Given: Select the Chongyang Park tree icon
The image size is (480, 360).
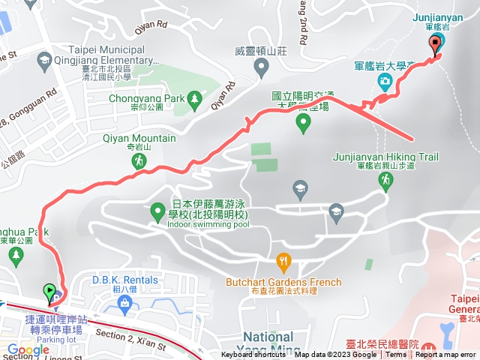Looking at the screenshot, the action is pyautogui.click(x=195, y=97).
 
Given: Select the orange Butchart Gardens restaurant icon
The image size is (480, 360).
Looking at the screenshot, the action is pyautogui.click(x=283, y=262).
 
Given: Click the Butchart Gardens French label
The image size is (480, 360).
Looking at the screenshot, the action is pyautogui.click(x=283, y=283).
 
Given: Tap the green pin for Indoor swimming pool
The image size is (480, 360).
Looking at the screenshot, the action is pyautogui.click(x=158, y=212).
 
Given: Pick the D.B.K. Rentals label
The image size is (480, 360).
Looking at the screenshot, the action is pyautogui.click(x=125, y=280).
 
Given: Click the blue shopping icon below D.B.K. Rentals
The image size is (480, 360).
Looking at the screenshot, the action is pyautogui.click(x=125, y=304).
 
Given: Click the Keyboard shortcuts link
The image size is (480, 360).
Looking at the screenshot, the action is pyautogui.click(x=253, y=355).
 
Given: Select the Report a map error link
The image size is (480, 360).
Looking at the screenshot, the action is pyautogui.click(x=448, y=355).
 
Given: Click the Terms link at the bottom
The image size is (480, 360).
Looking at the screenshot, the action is pyautogui.click(x=396, y=355).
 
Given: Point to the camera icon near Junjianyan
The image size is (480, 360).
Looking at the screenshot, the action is pyautogui.click(x=384, y=80).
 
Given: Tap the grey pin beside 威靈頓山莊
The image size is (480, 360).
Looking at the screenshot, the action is pyautogui.click(x=262, y=69).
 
